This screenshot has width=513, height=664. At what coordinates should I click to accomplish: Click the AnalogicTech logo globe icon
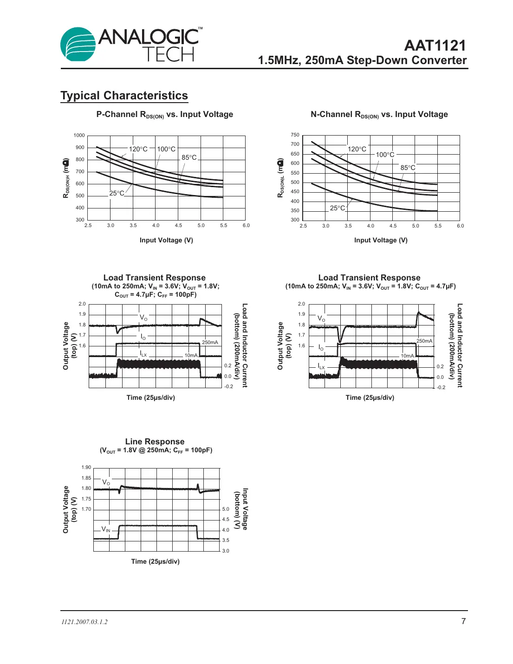[78, 45]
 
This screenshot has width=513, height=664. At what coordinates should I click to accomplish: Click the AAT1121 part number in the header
[435, 46]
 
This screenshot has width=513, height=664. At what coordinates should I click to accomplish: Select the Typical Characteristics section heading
[124, 96]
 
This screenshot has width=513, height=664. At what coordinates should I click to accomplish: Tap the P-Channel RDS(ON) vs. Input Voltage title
[164, 115]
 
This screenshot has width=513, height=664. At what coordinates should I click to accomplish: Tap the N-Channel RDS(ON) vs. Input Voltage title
[379, 115]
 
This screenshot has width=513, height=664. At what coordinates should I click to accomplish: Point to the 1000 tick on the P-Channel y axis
[79, 136]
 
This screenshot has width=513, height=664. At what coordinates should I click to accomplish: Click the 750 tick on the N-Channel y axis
[295, 135]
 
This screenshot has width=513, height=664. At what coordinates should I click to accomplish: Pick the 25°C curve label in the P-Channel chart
[117, 193]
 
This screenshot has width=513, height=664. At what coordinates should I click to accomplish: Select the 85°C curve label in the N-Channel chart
[408, 168]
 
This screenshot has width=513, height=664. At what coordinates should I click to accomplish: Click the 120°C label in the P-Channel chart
[138, 149]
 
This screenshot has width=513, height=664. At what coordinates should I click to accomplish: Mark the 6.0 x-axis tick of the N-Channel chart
[460, 226]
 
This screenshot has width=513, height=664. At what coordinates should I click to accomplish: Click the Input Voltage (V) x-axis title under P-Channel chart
[166, 240]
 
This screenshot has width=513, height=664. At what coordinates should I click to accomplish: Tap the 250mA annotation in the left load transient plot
[210, 342]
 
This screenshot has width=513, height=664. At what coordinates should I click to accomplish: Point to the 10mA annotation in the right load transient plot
[407, 356]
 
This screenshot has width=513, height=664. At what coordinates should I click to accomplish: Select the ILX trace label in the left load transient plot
[143, 354]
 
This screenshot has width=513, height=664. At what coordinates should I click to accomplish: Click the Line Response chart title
[155, 442]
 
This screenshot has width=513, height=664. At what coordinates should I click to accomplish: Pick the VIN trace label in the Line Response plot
[106, 529]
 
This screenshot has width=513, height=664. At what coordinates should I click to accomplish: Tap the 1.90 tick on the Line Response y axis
[86, 468]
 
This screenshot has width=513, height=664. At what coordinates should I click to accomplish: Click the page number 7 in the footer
[463, 621]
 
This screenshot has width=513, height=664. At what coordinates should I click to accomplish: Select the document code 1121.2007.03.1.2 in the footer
[84, 622]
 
